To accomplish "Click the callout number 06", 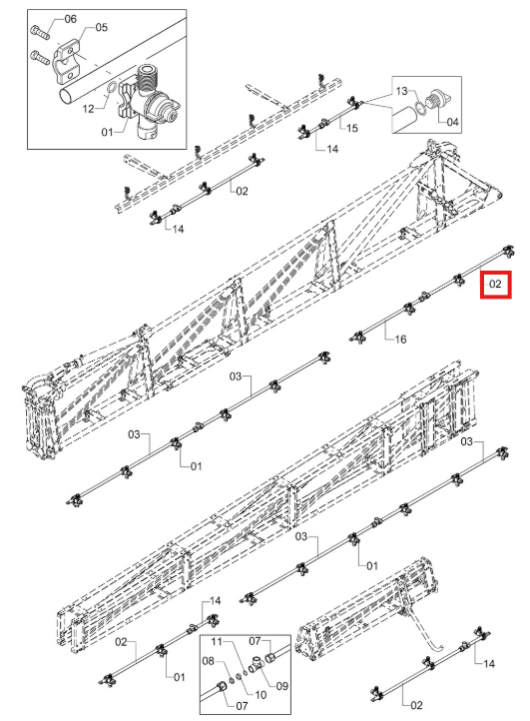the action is pos(70,19).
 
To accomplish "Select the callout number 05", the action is pos(102,27).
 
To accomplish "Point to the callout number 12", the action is pos(88,109).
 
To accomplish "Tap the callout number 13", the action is pos(402,91).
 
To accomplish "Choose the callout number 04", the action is pos(453,122).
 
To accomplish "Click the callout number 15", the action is pos(352,128).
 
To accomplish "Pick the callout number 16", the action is pos(400,339).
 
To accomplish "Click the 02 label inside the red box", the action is pos(495,285).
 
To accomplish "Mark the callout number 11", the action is pos(217,641).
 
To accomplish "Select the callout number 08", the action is pos(209,661).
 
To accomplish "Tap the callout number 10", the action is pos(261,695).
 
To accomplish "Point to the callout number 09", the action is pos(282,686).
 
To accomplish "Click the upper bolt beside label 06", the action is pos(41,33).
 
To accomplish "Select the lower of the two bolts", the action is pos(41,58).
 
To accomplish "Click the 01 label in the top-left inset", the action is pos(107,133).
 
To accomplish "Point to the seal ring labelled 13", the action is pos(420,109).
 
